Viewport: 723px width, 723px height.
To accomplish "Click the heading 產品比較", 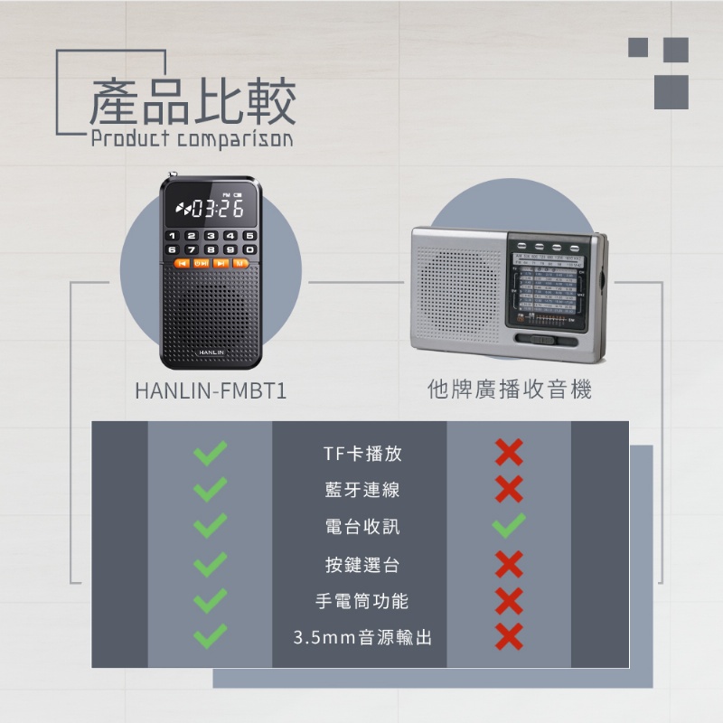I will point(192,101).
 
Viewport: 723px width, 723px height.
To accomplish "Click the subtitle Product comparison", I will point(192,140).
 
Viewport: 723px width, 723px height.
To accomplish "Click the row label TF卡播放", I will point(361,454).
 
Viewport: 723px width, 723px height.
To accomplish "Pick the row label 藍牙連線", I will point(361,490).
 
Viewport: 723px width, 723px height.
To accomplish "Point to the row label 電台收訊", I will point(361,527).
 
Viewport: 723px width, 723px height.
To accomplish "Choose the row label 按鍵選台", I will point(361,565).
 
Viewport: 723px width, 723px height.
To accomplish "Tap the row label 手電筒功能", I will point(361,601).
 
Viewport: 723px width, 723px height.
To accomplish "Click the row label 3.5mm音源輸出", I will point(361,638).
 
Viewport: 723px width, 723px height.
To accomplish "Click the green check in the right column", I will point(509,526).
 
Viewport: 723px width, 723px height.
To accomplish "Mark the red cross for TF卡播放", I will point(509,453).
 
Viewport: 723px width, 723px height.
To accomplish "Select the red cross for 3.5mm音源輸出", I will point(509,637).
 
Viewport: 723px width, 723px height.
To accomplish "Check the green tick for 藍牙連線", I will point(210,490).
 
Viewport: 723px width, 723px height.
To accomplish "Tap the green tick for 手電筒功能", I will point(210,601).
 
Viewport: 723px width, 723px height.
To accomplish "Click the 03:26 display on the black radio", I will point(211,210).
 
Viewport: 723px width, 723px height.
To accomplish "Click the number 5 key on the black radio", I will point(249,236).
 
